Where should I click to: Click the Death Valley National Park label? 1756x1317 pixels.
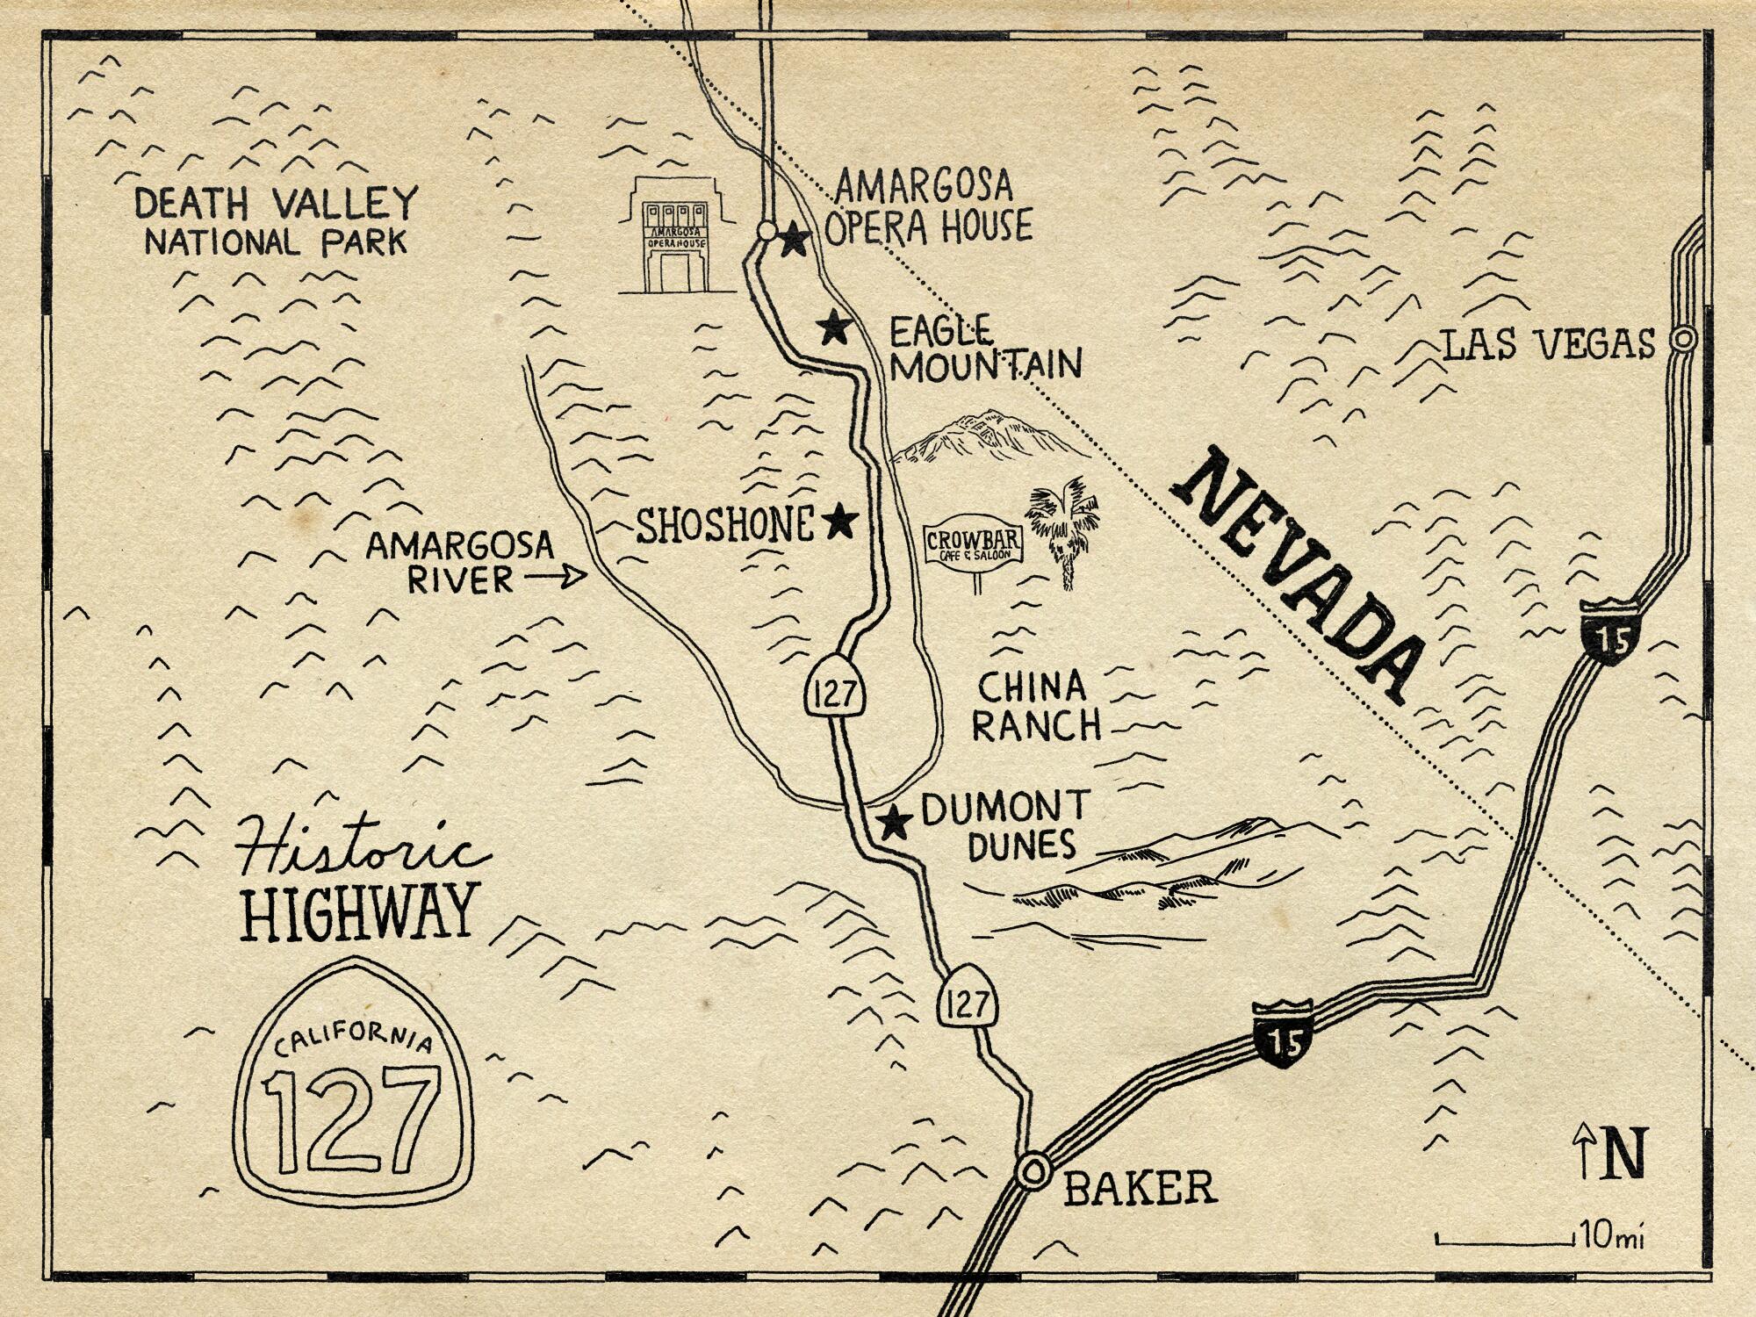275,221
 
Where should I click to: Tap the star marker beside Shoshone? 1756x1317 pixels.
841,522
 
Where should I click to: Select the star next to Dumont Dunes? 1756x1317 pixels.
894,822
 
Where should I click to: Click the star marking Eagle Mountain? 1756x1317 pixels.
833,328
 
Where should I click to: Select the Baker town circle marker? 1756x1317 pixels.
1033,1170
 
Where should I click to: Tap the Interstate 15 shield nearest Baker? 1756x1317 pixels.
1283,1033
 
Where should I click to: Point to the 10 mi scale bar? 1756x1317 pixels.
1503,1241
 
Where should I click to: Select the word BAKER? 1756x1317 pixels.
1140,1188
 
